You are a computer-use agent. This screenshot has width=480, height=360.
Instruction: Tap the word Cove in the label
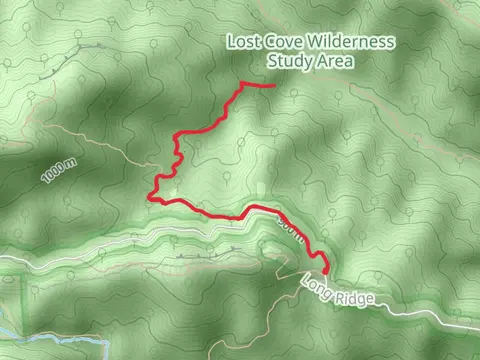pyautogui.click(x=285, y=42)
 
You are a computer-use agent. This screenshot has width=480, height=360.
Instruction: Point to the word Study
pyautogui.click(x=288, y=61)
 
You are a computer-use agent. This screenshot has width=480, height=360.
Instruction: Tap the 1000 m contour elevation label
pyautogui.click(x=59, y=171)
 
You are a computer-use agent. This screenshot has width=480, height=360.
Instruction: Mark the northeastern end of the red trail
pyautogui.click(x=273, y=86)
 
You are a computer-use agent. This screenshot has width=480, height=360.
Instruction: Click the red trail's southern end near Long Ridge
pyautogui.click(x=327, y=270)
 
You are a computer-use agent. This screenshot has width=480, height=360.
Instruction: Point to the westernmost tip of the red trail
pyautogui.click(x=150, y=196)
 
